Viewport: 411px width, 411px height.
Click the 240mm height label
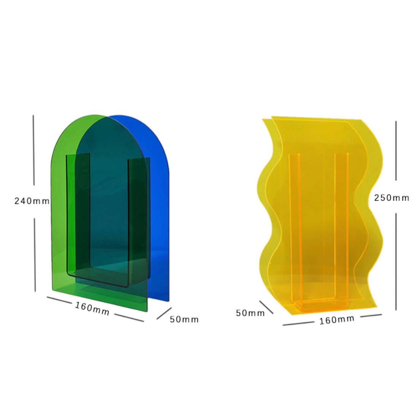(32, 201)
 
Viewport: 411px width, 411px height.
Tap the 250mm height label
(391, 198)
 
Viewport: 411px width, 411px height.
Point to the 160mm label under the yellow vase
(336, 320)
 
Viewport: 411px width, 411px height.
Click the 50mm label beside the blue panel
(184, 319)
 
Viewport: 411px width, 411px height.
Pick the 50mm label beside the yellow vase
(250, 313)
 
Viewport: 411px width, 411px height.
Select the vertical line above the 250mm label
(396, 151)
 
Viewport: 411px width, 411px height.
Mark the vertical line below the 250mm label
(396, 261)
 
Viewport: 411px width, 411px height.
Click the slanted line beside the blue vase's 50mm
(164, 313)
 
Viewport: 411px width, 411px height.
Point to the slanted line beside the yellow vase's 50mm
(266, 307)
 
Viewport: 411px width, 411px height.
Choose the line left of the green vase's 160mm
(59, 300)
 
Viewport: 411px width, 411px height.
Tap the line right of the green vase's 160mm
(129, 318)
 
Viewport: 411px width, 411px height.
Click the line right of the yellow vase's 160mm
(371, 315)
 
